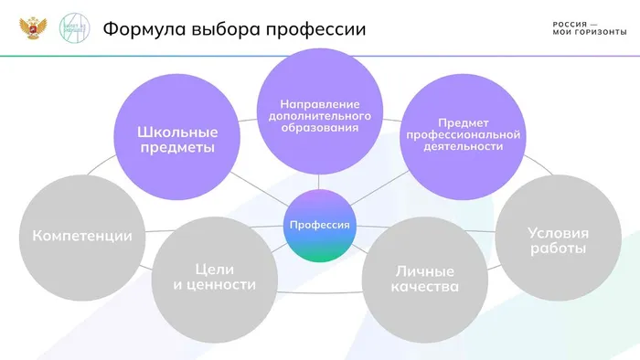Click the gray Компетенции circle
point(81,236)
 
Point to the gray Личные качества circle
point(426,278)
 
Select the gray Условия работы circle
point(557,239)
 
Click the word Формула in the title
point(141,29)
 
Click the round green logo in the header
point(74,29)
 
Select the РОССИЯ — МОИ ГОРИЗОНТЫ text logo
point(590,28)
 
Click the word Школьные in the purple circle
point(176,130)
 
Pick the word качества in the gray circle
point(426,287)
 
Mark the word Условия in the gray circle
point(558,231)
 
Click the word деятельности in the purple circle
point(464,145)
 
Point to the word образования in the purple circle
point(319,128)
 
